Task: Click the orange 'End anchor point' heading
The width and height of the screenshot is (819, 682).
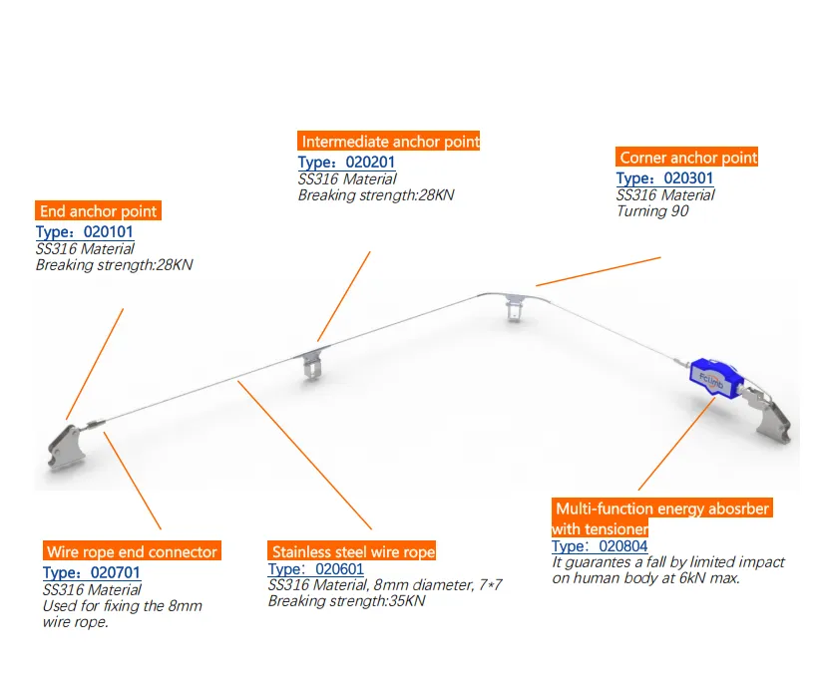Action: (x=98, y=211)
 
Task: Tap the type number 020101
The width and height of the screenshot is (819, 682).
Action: (x=108, y=232)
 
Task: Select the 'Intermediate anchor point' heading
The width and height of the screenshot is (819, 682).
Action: (x=389, y=141)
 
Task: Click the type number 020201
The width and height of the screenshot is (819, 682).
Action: (x=370, y=163)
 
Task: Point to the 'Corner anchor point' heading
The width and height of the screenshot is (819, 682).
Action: (x=687, y=158)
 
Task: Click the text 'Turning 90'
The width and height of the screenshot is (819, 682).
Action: (x=652, y=211)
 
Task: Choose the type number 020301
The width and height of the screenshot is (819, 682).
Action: (x=688, y=178)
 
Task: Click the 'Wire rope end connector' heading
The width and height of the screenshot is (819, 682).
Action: (x=132, y=551)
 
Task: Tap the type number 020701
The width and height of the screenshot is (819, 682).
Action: (x=116, y=573)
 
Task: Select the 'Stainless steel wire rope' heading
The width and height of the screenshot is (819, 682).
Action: (x=351, y=551)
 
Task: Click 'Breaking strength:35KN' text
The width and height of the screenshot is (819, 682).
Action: (x=347, y=601)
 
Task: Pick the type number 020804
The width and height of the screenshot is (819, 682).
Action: (x=623, y=546)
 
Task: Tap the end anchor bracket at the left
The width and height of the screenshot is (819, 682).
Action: (x=66, y=446)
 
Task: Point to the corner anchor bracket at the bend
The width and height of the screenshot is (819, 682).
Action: (x=515, y=306)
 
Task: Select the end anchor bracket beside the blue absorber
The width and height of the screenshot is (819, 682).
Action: (x=769, y=416)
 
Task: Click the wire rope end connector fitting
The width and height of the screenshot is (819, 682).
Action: (x=94, y=425)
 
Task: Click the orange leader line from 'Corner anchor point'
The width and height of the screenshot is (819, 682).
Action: (x=599, y=271)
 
